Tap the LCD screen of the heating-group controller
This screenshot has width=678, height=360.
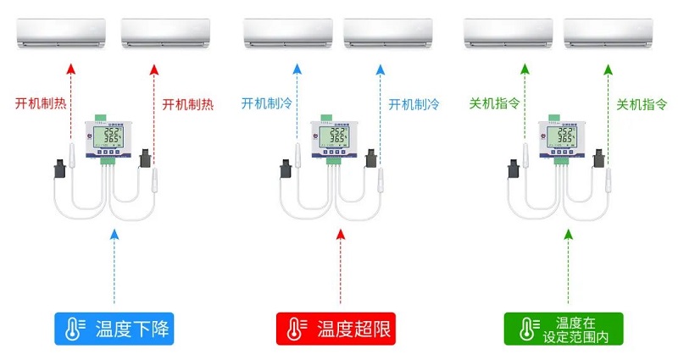click(x=110, y=139)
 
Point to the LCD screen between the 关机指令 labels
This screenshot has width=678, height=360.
click(x=564, y=139)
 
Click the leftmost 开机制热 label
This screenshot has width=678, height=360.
click(x=42, y=104)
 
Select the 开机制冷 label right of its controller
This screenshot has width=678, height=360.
click(x=414, y=104)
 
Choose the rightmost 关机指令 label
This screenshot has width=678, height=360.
click(x=642, y=104)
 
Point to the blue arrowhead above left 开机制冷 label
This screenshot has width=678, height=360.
click(x=297, y=68)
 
